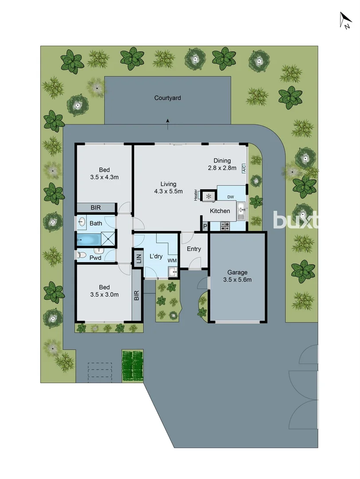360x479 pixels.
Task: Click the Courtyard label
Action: pos(167,98)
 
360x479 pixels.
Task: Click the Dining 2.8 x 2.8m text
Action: pos(222,164)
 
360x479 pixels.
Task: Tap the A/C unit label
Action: pos(244,168)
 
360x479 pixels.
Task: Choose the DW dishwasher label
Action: pos(230,197)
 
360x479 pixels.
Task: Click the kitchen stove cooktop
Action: pos(225,226)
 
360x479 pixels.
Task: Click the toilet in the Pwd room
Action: pos(80,255)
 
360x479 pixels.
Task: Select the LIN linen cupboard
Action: pos(138,258)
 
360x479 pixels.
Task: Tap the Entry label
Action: pos(194,249)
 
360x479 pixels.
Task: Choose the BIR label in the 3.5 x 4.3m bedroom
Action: pos(95,208)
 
